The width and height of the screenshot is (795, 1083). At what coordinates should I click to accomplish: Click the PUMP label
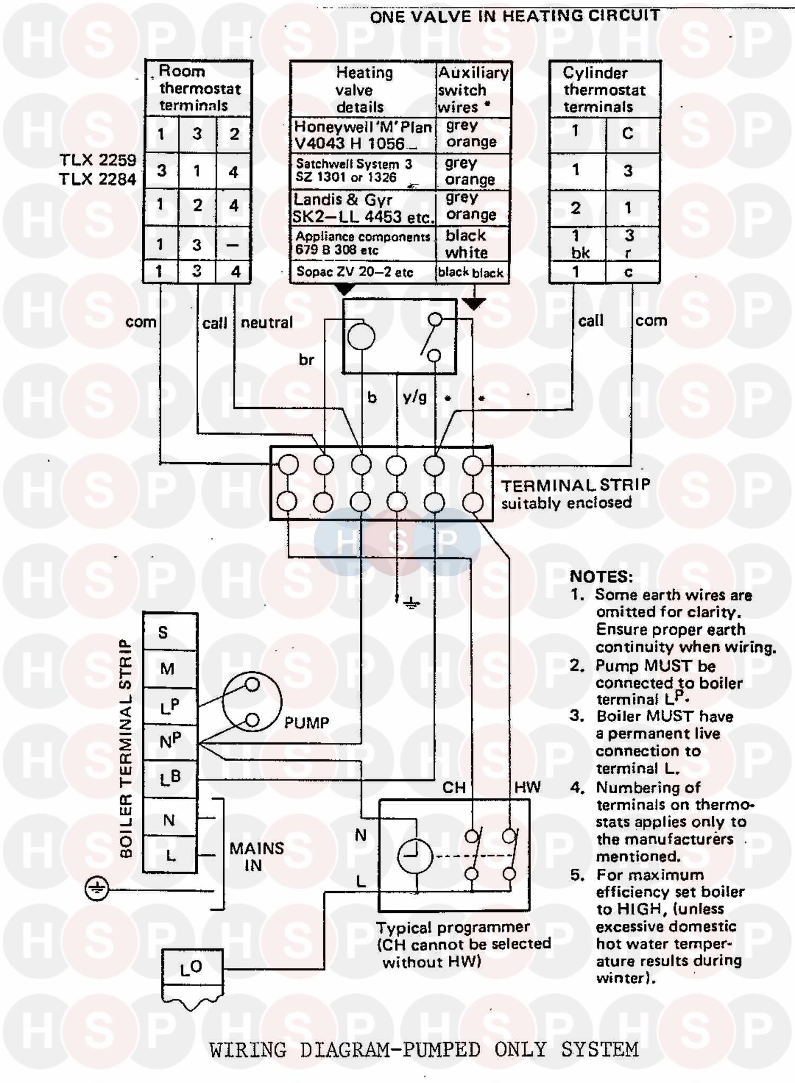coord(306,723)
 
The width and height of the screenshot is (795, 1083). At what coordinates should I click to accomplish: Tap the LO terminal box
coord(191,968)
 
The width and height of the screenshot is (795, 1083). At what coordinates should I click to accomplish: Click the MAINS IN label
coord(257,857)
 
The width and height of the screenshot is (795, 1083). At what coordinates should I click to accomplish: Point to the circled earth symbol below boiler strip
coord(96,889)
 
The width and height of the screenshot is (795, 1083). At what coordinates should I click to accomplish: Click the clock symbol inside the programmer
coord(415,857)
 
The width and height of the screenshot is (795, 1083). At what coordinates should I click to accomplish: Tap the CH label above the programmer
coord(454,788)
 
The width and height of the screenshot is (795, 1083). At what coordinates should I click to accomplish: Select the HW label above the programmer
coord(527,787)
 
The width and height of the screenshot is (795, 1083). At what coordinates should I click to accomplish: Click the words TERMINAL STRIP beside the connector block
coord(576,485)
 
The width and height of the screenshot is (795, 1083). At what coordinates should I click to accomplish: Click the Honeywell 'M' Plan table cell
coord(363,135)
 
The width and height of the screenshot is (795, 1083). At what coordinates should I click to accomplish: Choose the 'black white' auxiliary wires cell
coord(466,244)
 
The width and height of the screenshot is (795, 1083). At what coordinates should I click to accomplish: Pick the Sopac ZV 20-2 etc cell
coord(355,272)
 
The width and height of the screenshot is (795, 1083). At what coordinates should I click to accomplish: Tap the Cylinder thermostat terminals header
coord(604,90)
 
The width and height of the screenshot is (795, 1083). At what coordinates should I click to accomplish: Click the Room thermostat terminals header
coord(199,88)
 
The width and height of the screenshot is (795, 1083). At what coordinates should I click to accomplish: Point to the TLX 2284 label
coord(98,179)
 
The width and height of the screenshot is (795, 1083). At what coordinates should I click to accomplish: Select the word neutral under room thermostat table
coord(267,322)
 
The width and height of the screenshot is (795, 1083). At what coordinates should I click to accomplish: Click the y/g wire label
coord(414,396)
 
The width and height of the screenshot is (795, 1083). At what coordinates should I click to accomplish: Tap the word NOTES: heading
coord(601,576)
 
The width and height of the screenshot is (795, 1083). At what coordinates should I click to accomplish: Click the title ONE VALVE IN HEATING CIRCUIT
coord(515,16)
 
